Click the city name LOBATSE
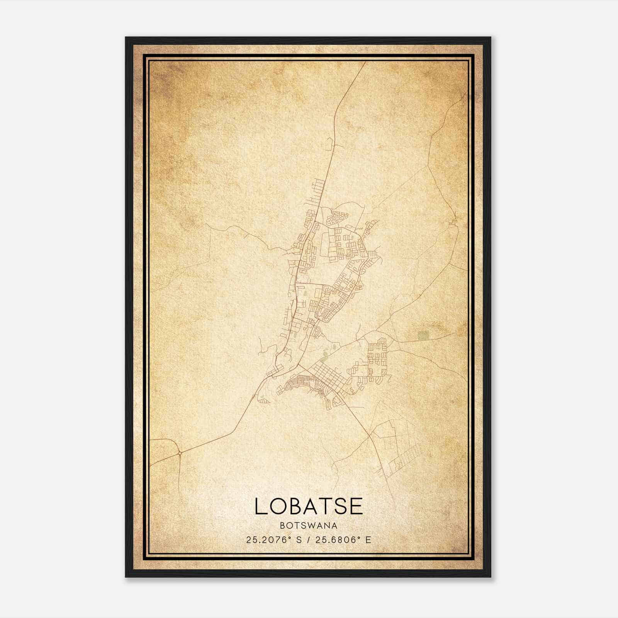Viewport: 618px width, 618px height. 309,506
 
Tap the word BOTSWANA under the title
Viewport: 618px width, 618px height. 309,526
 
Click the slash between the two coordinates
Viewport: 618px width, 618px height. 307,540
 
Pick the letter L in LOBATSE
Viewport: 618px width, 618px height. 260,506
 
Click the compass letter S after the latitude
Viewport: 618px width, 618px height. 299,540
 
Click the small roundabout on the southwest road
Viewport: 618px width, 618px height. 180,452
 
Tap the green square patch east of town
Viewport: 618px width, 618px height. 423,334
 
